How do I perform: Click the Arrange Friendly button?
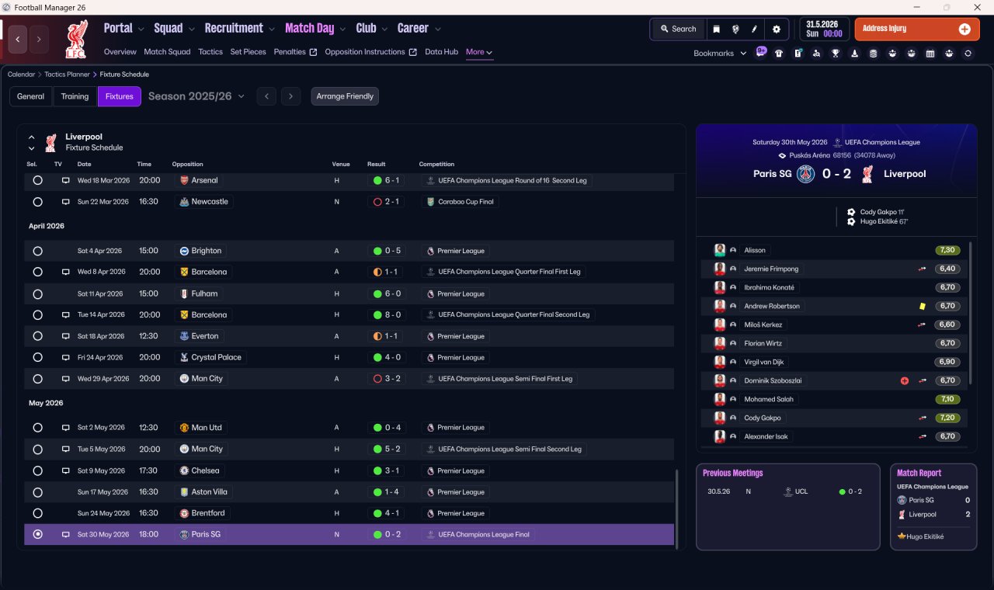click(345, 96)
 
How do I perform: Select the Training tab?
click(75, 96)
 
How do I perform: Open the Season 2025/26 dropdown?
click(196, 96)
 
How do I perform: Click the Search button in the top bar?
click(678, 29)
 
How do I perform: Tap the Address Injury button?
click(917, 29)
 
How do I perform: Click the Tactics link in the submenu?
click(210, 52)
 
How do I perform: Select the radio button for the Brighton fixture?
click(38, 251)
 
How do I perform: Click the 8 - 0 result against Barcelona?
click(393, 315)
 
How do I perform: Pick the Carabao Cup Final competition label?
click(465, 202)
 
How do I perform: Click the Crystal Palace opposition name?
click(216, 358)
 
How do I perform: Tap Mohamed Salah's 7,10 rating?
click(947, 399)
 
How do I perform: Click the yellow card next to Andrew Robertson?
click(922, 306)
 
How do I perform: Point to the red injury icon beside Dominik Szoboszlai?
click(905, 380)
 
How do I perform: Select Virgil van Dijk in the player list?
click(763, 362)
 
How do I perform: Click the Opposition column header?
click(187, 164)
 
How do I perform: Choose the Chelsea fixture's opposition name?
click(205, 470)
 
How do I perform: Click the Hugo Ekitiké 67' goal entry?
click(884, 221)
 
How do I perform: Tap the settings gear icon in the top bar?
click(776, 29)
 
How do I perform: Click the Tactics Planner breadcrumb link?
click(67, 75)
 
